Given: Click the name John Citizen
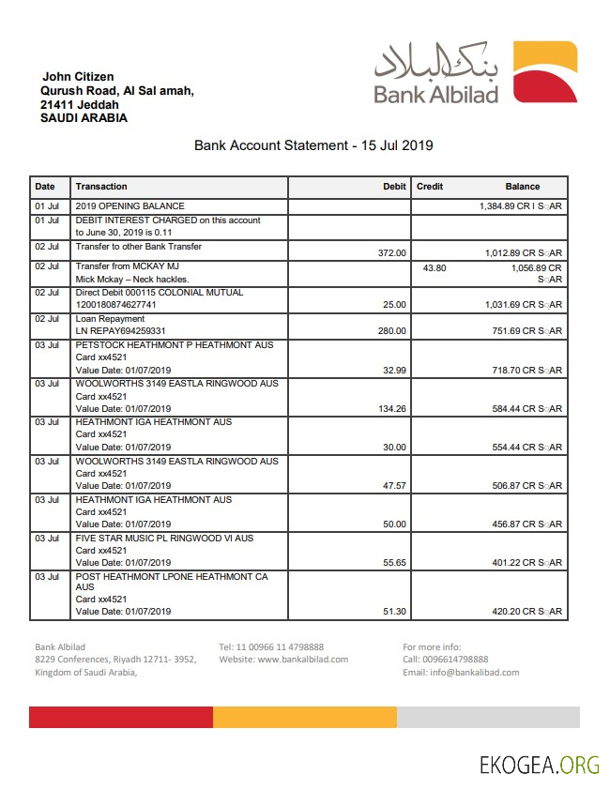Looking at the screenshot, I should [x=78, y=76].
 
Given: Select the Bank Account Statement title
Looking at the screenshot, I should [x=313, y=145].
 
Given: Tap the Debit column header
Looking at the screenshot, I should [x=394, y=187].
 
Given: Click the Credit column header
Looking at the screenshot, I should [x=430, y=187].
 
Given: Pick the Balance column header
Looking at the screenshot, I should [x=523, y=187].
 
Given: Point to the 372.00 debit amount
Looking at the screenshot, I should [x=390, y=253].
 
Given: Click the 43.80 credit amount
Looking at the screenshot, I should [x=435, y=267].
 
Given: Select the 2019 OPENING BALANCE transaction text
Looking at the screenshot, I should [x=130, y=205].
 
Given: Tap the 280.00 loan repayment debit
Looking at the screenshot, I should [x=390, y=331].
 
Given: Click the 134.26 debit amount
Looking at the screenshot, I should [x=390, y=409].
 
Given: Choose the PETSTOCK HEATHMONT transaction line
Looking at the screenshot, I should [x=175, y=345].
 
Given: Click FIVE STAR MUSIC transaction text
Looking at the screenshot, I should [x=164, y=539].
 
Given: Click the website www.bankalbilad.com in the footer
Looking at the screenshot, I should [x=283, y=660].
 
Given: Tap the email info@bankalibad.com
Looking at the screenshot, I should [x=461, y=673].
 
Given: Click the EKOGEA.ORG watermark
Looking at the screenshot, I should [x=539, y=765].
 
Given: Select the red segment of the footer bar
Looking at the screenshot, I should [x=121, y=718].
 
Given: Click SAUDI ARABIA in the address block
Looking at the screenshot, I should [x=84, y=118].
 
